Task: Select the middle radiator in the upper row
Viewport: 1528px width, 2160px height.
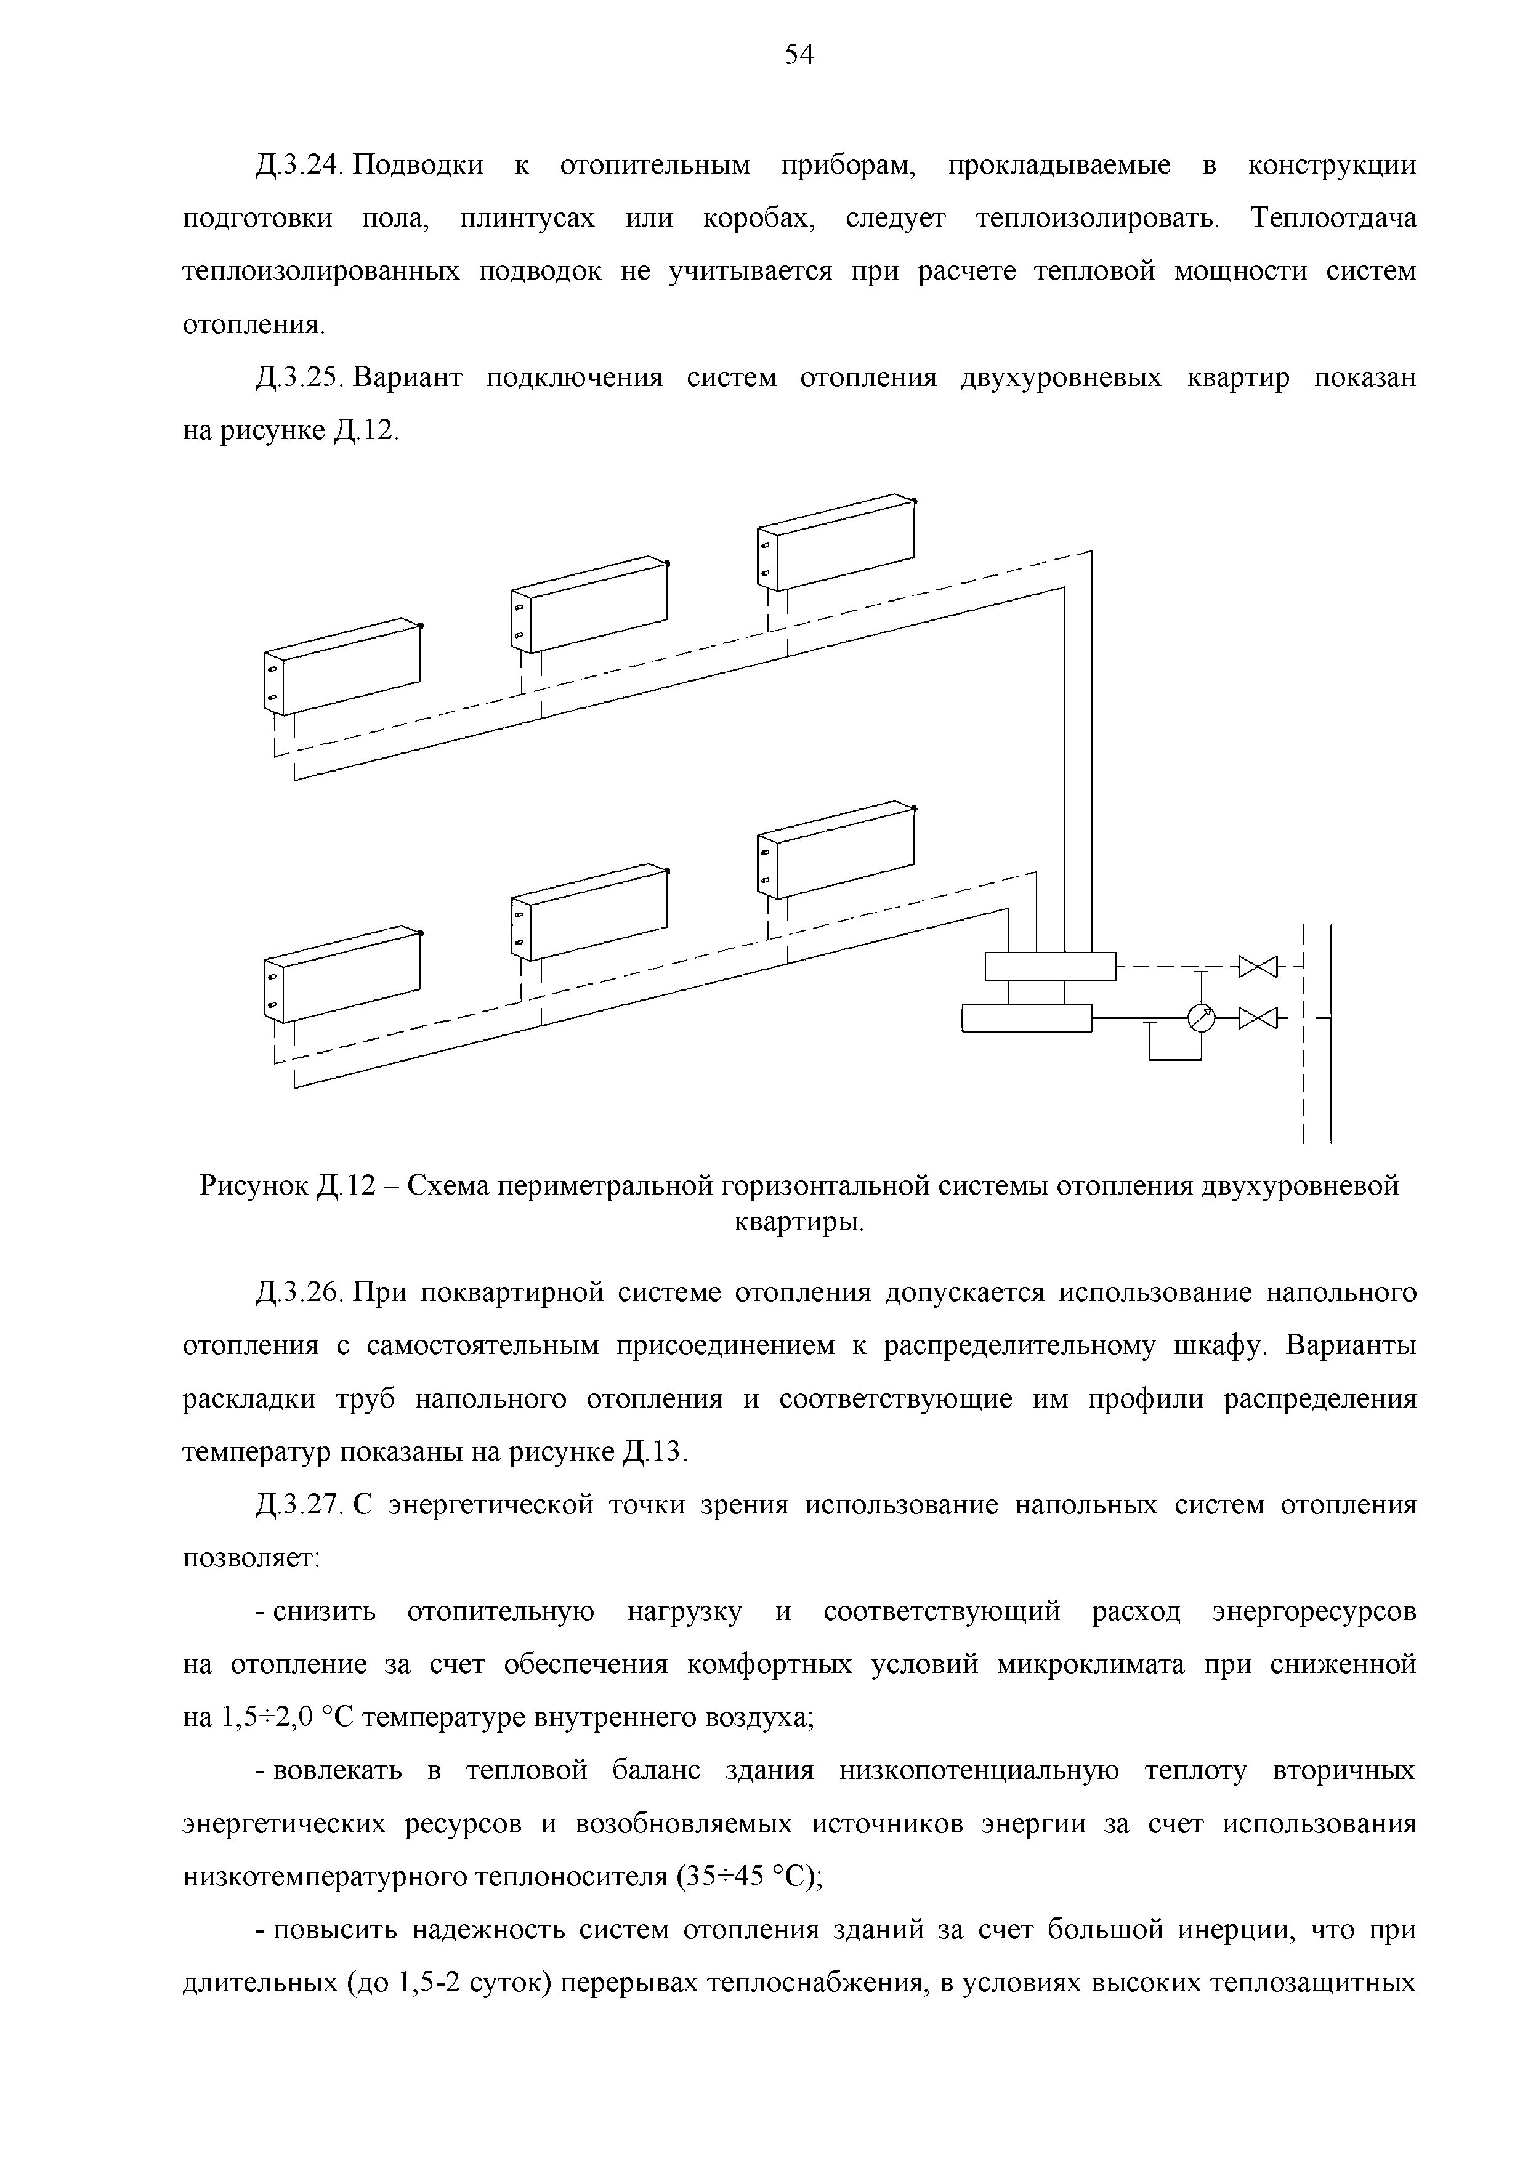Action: (x=589, y=604)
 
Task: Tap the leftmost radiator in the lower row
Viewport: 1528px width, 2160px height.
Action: (x=342, y=975)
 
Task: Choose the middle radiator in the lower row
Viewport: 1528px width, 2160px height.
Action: (x=589, y=913)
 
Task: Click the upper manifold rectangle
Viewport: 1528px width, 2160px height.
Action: (x=1049, y=966)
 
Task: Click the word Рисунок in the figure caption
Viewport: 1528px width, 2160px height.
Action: (x=254, y=1187)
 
